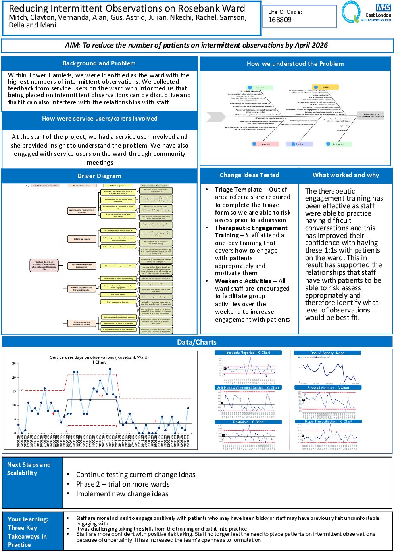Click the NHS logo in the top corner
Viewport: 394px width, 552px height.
[x=383, y=8]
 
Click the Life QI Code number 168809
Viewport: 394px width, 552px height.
[x=280, y=20]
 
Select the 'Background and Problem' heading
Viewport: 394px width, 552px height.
[x=99, y=63]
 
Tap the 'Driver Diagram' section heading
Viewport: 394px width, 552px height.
[x=99, y=176]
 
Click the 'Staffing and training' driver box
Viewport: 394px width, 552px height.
[x=82, y=239]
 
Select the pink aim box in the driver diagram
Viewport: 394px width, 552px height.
[x=44, y=265]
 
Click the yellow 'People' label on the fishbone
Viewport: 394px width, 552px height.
[x=325, y=87]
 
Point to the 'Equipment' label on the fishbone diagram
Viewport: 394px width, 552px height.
[x=265, y=144]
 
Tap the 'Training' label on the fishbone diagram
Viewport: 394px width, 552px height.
[x=299, y=144]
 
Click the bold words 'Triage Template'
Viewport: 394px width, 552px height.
[x=238, y=190]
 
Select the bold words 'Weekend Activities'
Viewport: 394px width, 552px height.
[x=243, y=281]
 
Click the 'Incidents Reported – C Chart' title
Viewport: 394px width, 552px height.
[x=248, y=353]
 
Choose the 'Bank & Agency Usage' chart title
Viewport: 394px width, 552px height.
[x=327, y=353]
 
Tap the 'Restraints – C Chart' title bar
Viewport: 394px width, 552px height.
[x=248, y=422]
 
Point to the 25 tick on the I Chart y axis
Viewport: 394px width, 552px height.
[x=14, y=364]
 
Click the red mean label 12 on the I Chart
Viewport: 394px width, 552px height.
[x=101, y=396]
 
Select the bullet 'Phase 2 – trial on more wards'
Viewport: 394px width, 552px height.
[x=123, y=484]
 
